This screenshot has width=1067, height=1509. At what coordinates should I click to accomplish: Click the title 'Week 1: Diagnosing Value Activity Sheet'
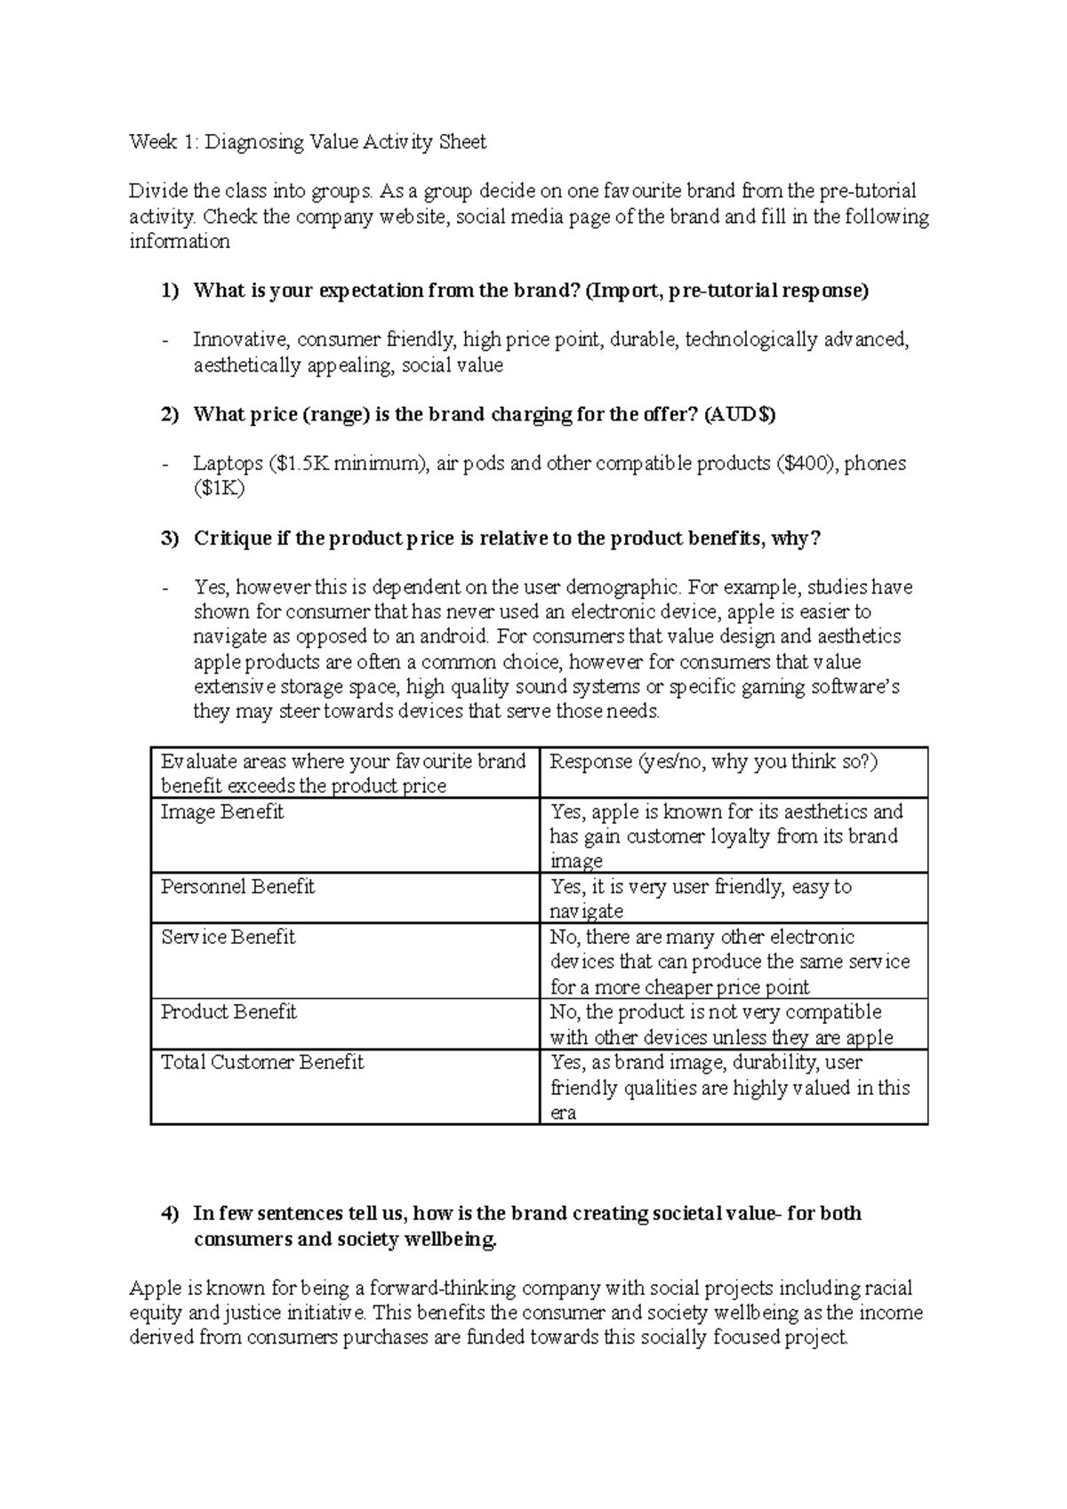(308, 142)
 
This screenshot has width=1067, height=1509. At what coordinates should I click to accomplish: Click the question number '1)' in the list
(169, 291)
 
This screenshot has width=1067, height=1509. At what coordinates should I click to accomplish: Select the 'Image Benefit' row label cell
(222, 812)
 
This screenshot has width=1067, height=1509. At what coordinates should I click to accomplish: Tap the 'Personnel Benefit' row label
(237, 887)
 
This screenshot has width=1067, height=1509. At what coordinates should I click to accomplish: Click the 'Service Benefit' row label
(228, 938)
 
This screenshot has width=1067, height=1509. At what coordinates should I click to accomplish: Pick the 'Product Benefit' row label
(229, 1012)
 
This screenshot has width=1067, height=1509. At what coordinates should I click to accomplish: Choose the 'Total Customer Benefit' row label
(262, 1063)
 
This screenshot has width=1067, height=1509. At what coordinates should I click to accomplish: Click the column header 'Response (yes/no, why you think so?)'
(714, 762)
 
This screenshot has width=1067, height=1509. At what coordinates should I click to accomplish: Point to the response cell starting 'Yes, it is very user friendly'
(701, 898)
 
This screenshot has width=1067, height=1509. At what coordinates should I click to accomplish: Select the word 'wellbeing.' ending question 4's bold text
(451, 1241)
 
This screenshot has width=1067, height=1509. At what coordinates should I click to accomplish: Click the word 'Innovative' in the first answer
(239, 340)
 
